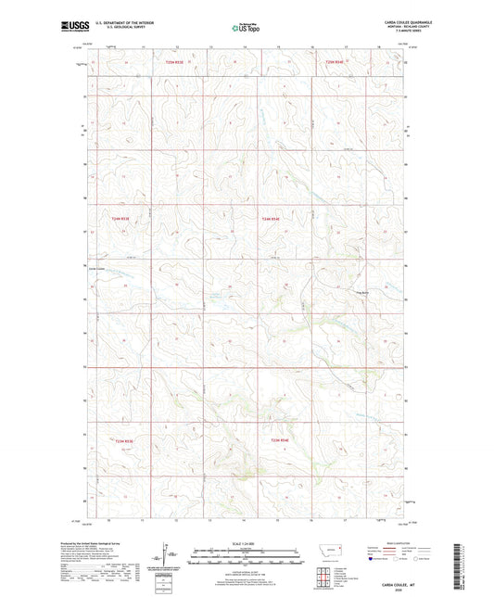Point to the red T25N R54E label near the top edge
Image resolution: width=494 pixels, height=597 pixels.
coord(336,61)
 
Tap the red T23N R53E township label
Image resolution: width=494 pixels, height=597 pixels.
coord(124,441)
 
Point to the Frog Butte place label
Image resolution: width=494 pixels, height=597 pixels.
coord(364,295)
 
